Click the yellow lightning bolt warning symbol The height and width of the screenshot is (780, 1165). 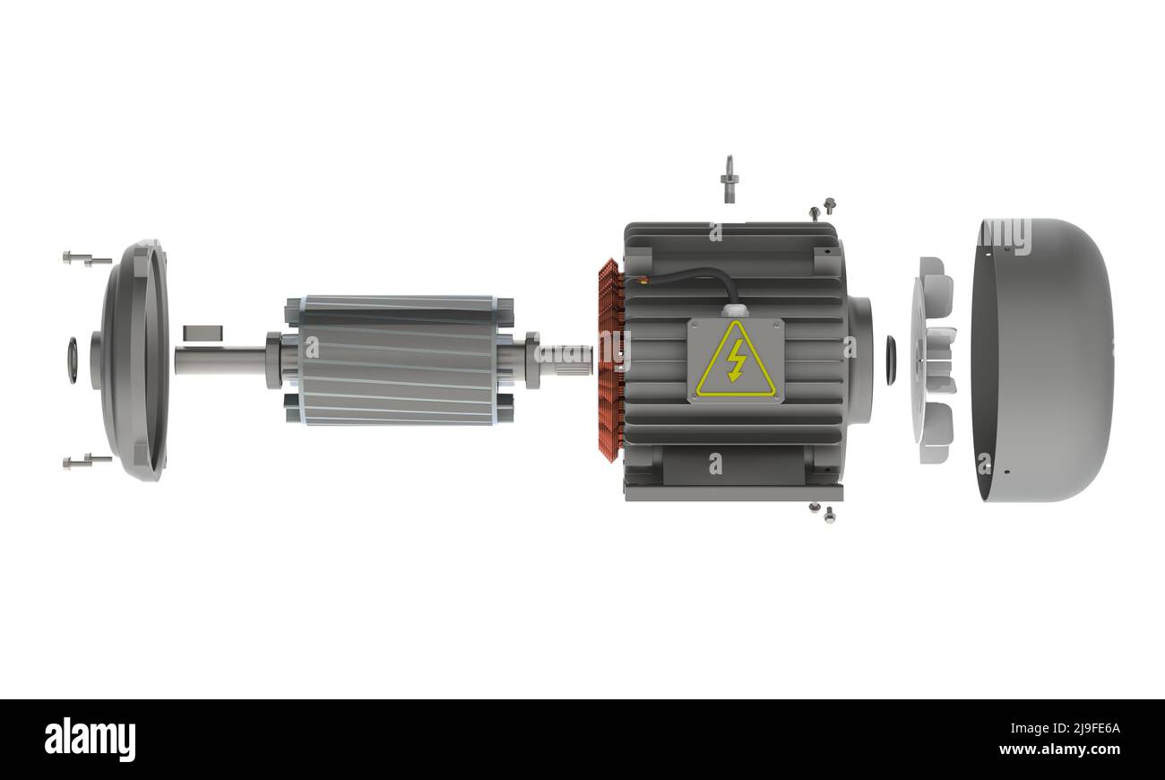[736, 360]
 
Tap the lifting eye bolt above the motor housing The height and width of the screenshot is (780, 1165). [728, 179]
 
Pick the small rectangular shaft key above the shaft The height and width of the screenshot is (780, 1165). [203, 333]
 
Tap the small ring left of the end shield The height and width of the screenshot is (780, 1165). [72, 360]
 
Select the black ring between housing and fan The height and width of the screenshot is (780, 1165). [891, 360]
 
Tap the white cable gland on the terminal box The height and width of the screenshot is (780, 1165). [735, 310]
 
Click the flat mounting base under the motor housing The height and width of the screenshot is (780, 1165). [733, 492]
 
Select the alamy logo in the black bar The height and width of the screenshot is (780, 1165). [90, 740]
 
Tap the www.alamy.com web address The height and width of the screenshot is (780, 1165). [1059, 750]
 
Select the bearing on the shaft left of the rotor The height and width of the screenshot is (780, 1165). [273, 360]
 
